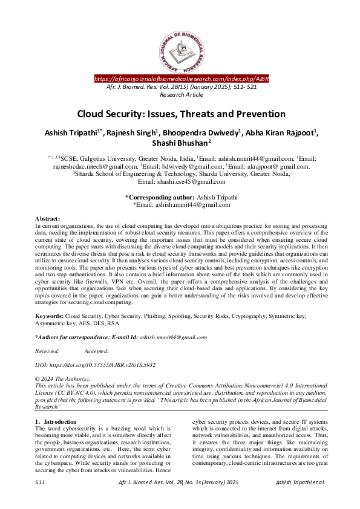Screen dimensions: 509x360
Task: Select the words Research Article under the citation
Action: tap(180, 95)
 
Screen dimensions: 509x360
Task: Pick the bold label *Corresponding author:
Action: tap(159, 197)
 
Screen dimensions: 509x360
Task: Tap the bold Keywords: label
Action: tap(49, 316)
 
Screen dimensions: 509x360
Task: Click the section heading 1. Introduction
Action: tap(56, 421)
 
